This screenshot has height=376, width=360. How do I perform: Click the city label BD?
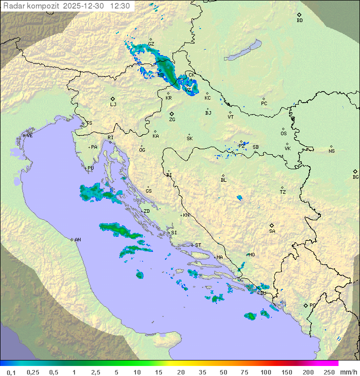[299, 21]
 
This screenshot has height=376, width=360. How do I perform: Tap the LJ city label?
[113, 105]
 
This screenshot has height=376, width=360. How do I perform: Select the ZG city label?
[172, 120]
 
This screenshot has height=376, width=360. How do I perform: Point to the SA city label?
[272, 231]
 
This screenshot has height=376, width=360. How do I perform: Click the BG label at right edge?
[355, 177]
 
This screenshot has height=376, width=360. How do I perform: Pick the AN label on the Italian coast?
[77, 240]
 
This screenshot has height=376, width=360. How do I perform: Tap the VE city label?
[29, 136]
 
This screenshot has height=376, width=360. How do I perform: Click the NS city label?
[331, 151]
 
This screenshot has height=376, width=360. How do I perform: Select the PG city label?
[312, 305]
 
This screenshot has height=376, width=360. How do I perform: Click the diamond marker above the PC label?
[263, 99]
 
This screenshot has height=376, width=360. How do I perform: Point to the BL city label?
[223, 180]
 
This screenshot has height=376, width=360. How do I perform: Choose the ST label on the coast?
[198, 245]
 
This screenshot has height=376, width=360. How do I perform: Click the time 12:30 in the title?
[120, 6]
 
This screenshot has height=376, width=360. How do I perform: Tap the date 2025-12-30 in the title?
[84, 6]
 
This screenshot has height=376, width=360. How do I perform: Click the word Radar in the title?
[13, 6]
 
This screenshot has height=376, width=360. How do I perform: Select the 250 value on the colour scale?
[328, 372]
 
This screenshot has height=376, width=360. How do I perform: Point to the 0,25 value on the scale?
[33, 372]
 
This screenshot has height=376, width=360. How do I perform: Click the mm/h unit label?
[347, 372]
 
